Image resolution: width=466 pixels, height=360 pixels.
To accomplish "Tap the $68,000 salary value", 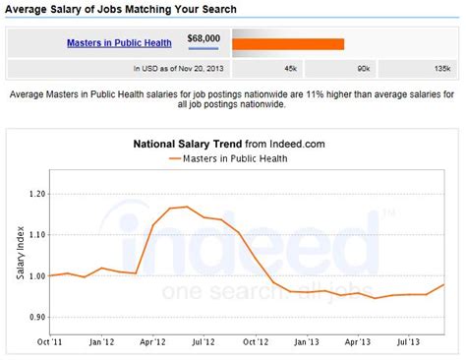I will (204, 39).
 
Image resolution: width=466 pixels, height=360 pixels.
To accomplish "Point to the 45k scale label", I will (290, 70).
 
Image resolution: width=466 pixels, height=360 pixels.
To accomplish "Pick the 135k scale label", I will (440, 70).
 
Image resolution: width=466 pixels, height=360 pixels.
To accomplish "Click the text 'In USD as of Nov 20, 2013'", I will (178, 70).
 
